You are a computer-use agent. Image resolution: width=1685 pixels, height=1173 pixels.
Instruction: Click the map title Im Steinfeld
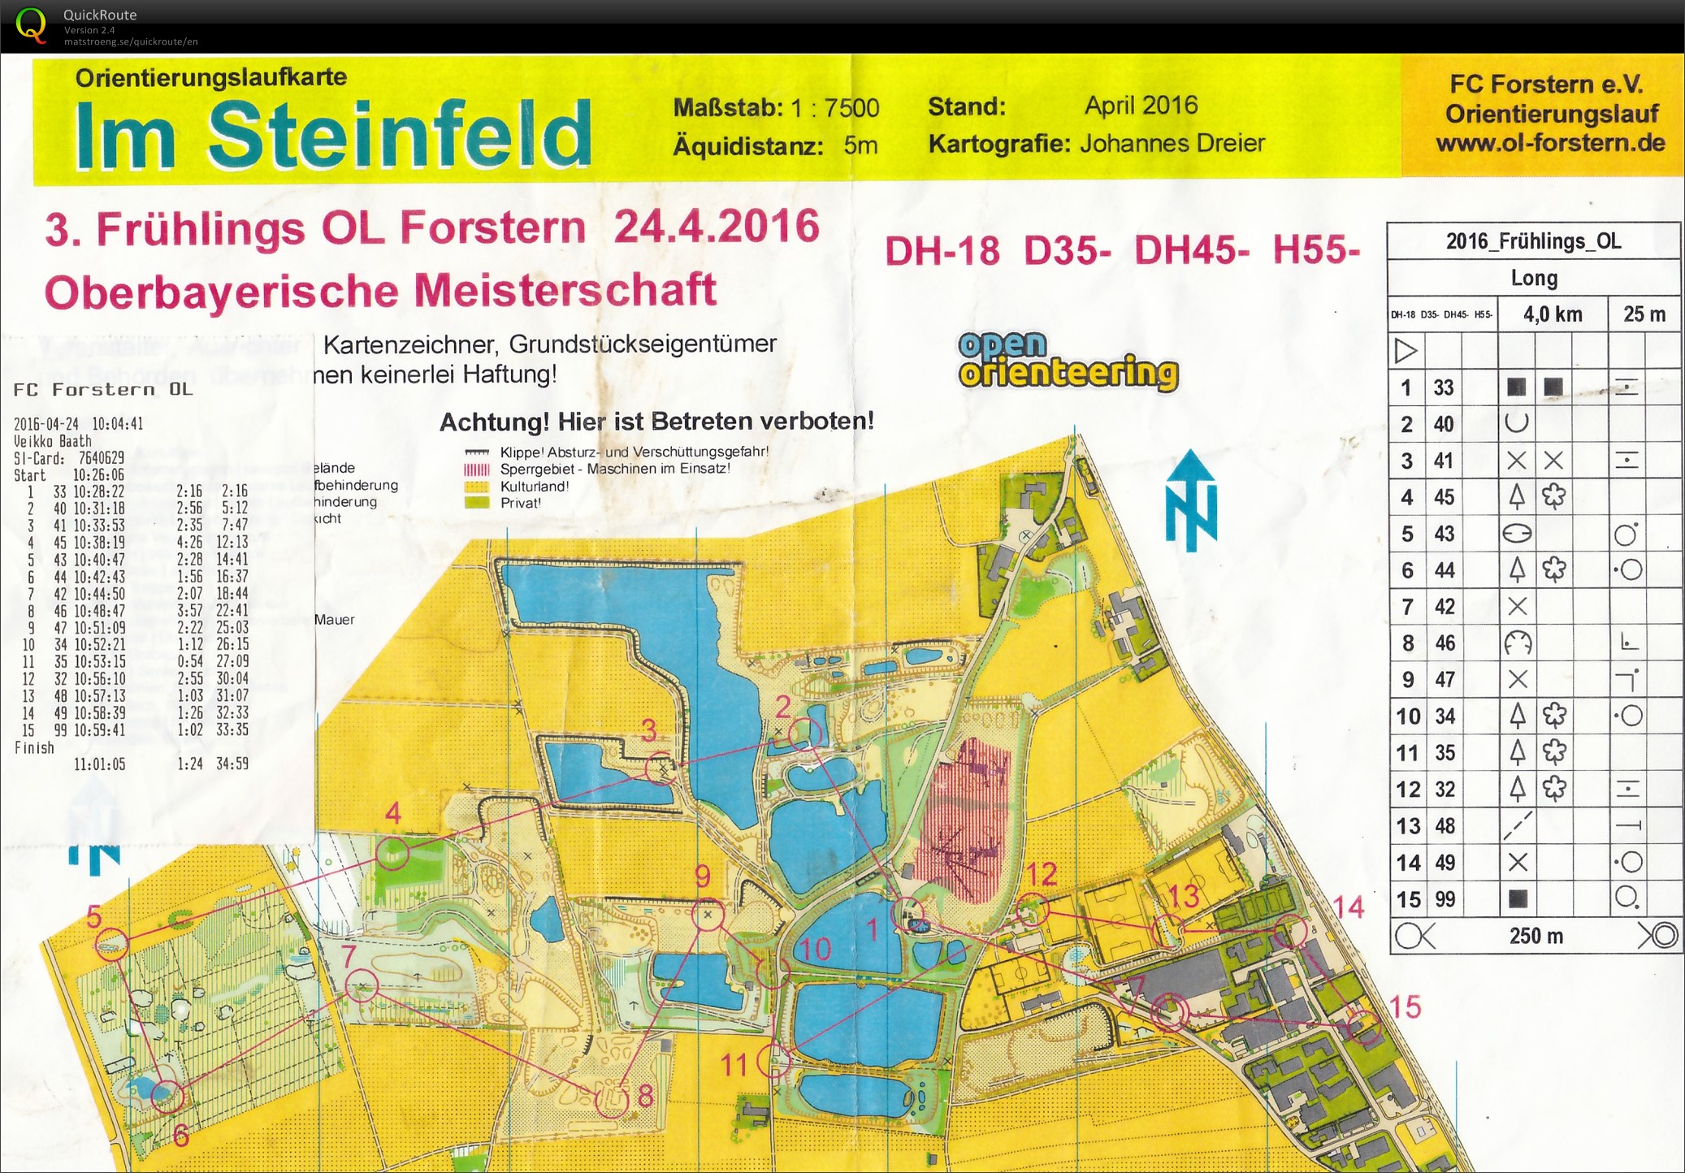pos(333,135)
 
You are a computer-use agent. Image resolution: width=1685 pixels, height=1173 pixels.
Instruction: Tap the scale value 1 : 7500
pos(834,108)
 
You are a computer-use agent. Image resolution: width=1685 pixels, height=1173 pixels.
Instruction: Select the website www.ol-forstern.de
pos(1550,144)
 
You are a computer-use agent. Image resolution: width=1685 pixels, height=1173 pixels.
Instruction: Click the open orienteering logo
pos(1068,361)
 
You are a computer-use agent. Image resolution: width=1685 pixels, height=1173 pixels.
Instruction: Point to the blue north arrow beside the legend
pos(1191,501)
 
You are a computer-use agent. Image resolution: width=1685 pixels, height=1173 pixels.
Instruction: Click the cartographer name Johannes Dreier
pos(1172,144)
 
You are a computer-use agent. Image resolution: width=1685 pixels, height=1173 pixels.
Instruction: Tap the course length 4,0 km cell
pos(1552,314)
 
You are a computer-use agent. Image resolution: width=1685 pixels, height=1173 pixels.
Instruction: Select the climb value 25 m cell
pos(1644,314)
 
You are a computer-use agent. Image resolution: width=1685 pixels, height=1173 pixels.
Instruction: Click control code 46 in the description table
pos(1444,643)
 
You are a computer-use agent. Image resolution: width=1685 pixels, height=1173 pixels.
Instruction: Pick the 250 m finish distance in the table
pos(1536,936)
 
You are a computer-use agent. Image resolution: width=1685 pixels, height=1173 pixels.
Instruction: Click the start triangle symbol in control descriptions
pos(1406,351)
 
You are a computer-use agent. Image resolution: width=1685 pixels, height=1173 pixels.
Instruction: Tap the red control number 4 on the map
pos(393,813)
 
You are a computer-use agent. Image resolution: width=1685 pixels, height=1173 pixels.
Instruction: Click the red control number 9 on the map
pos(703,876)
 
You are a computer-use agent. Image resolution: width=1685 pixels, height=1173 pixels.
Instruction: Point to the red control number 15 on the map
pos(1405,1007)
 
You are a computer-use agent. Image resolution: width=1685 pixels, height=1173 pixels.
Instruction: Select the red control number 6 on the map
pos(181,1136)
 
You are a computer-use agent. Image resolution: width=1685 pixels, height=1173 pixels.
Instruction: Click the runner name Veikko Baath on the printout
pos(53,441)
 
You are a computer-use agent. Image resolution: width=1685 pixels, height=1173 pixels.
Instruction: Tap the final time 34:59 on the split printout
pos(232,764)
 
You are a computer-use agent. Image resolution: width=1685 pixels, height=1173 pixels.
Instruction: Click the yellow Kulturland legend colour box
pos(476,487)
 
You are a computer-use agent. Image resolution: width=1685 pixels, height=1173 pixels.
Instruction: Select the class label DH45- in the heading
pos(1191,250)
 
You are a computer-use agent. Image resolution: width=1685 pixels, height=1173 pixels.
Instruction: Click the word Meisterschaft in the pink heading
pos(565,291)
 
